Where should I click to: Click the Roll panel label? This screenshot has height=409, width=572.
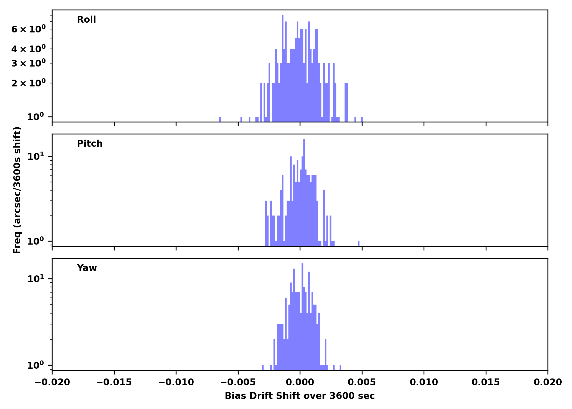tap(86, 20)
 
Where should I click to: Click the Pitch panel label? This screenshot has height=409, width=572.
tap(90, 144)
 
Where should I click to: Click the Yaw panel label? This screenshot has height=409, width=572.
tap(87, 268)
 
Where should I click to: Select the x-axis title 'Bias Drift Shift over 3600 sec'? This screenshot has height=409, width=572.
tap(300, 396)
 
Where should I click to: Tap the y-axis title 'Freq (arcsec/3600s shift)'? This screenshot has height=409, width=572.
tap(17, 190)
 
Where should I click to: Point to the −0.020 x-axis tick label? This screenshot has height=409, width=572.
tap(52, 382)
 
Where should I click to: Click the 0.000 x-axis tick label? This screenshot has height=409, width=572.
tap(300, 382)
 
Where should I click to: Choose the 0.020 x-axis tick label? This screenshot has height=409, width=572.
tap(547, 382)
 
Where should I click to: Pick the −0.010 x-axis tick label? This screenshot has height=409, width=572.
tap(176, 382)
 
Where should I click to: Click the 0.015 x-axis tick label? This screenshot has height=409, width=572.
tap(486, 382)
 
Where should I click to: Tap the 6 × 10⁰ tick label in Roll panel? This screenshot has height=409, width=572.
tap(29, 29)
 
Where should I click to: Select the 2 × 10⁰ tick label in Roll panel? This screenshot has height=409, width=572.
tap(29, 83)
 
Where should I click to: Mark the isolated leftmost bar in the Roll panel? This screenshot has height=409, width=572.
tap(220, 119)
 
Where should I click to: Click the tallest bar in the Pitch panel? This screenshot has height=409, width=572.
tap(304, 191)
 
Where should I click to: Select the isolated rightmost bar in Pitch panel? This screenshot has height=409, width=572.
tap(358, 243)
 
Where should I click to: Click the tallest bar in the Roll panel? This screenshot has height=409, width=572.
tap(282, 68)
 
